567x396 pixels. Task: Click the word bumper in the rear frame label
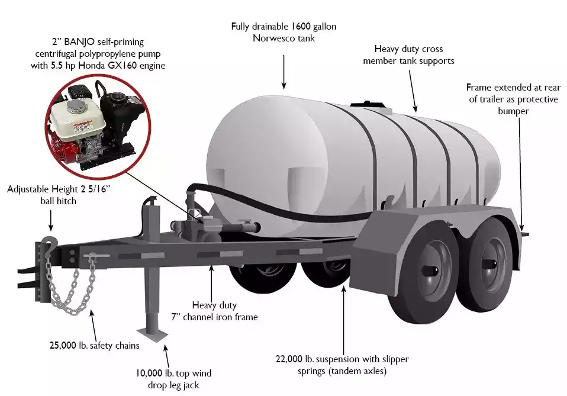tap(513, 111)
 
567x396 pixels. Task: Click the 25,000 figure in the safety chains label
tap(63, 345)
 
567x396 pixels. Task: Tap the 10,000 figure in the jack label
tap(149, 374)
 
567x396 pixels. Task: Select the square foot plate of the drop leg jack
tap(152, 333)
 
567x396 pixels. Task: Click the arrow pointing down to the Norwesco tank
tap(284, 72)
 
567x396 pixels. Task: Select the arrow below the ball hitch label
tap(51, 220)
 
